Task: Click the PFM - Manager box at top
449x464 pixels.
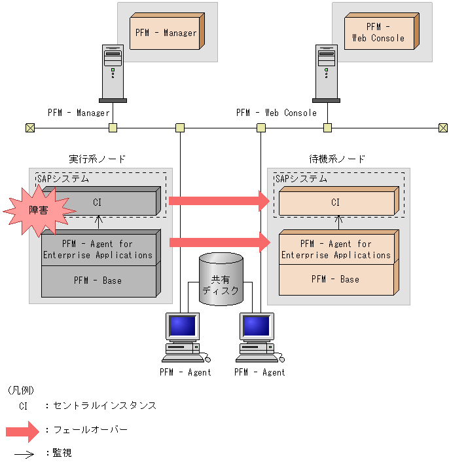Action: [x=166, y=32]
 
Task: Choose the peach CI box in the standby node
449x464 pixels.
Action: [x=336, y=203]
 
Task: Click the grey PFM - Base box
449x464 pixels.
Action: [x=98, y=280]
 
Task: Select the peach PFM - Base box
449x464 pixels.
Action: [x=336, y=279]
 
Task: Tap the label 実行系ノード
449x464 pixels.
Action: [x=97, y=159]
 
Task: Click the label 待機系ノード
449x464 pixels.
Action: [x=337, y=159]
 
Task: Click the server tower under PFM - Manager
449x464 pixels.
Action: [x=113, y=73]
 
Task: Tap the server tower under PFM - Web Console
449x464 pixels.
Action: [x=326, y=73]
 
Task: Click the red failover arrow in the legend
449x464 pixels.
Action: [x=23, y=431]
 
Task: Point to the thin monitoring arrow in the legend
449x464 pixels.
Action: [x=24, y=454]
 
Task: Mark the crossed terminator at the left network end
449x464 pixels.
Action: [x=29, y=128]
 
